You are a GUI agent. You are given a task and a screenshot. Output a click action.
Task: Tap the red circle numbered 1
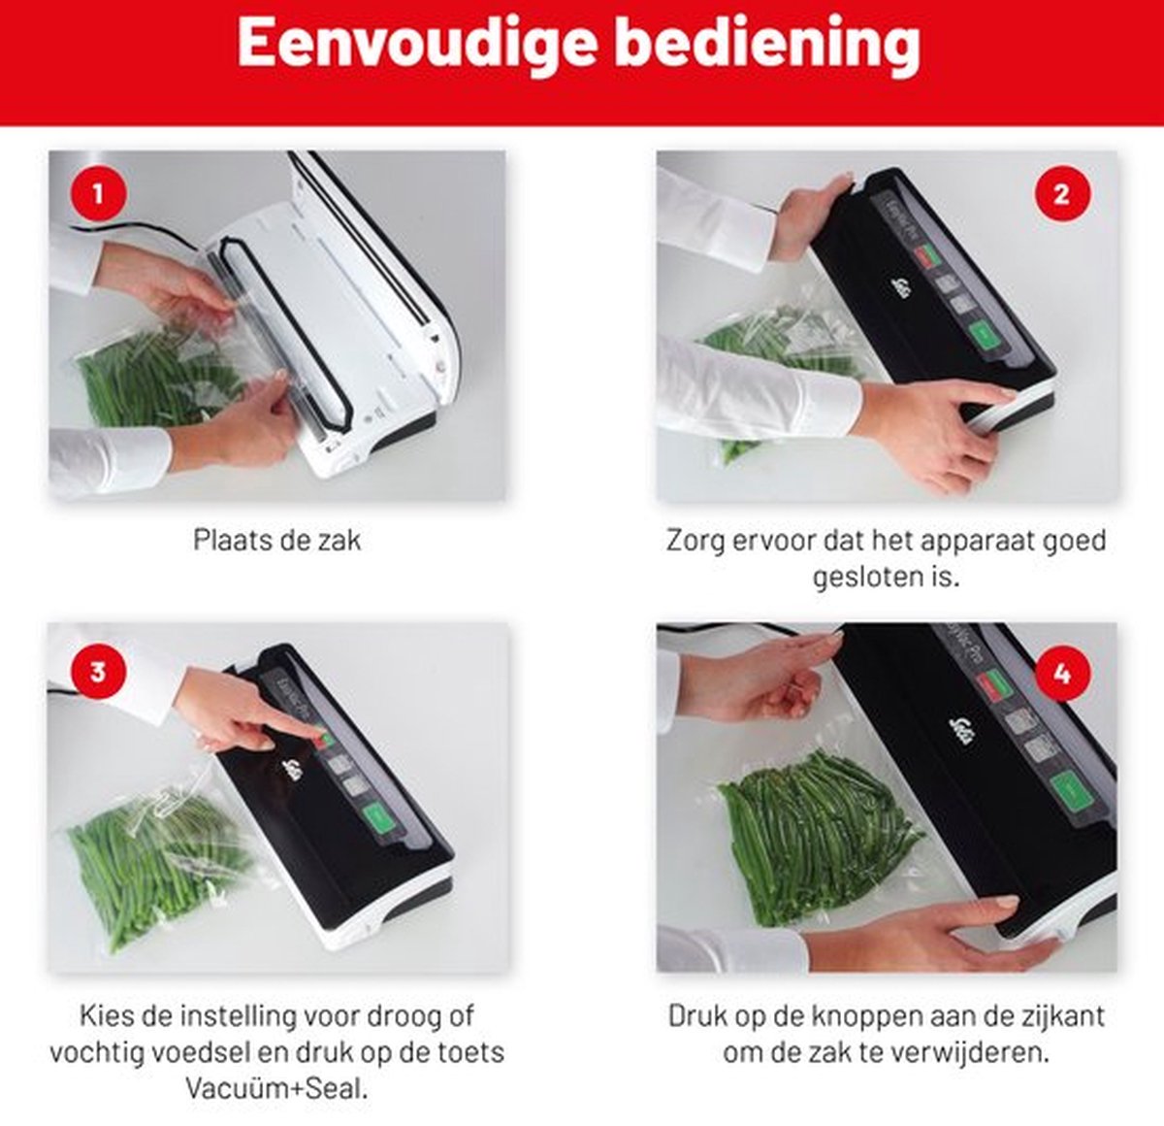99,194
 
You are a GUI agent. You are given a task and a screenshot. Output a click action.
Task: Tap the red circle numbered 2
1062,194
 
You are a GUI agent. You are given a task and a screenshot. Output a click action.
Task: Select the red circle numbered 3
99,672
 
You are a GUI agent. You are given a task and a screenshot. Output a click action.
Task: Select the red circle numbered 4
1062,673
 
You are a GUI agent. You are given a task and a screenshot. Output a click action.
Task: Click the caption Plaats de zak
277,540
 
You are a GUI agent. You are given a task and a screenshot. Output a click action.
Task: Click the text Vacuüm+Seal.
277,1088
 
